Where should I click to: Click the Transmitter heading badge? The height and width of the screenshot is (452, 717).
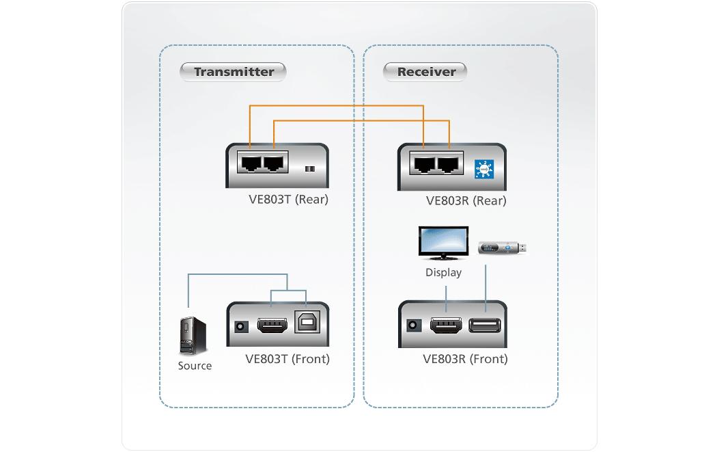[x=233, y=72]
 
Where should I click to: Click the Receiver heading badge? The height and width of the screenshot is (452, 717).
[x=425, y=72]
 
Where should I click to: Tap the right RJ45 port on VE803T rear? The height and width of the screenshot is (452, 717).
[x=275, y=163]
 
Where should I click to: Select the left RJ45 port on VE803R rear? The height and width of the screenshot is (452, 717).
[x=423, y=163]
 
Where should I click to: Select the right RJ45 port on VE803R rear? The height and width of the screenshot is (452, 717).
[x=448, y=163]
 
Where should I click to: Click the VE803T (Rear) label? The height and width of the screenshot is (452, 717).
[x=288, y=200]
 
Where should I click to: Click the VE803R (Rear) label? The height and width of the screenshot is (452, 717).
[x=466, y=200]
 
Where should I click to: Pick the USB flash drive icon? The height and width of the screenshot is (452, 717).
[x=503, y=248]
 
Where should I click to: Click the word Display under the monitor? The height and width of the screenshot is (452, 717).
[x=443, y=273]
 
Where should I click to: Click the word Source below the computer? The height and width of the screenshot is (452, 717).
[x=195, y=366]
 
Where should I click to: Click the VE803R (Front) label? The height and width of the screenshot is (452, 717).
[x=465, y=359]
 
